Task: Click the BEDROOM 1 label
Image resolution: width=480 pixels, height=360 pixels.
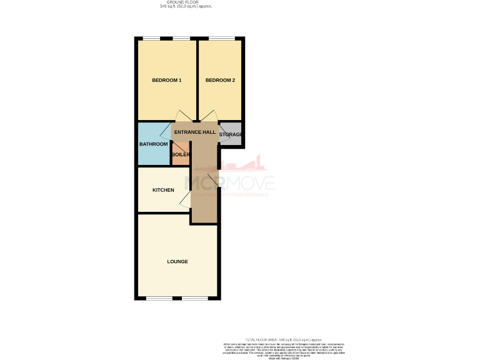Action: pyautogui.click(x=167, y=80)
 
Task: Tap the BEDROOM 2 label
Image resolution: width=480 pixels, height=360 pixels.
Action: pyautogui.click(x=220, y=80)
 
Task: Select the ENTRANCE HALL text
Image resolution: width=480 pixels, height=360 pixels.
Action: pyautogui.click(x=194, y=132)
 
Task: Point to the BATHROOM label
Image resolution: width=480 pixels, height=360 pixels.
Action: pyautogui.click(x=154, y=144)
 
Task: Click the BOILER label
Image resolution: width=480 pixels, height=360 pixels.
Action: pyautogui.click(x=181, y=154)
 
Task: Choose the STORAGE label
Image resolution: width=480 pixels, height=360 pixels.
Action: pyautogui.click(x=230, y=134)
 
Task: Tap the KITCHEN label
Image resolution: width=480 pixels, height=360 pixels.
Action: pyautogui.click(x=163, y=190)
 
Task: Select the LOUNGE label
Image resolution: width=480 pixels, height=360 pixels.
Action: pyautogui.click(x=177, y=261)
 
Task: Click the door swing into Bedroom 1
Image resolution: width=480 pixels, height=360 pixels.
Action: pyautogui.click(x=182, y=117)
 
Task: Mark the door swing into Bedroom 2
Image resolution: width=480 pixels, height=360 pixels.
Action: pyautogui.click(x=209, y=117)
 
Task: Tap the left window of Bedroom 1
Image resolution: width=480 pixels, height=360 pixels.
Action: pyautogui.click(x=151, y=39)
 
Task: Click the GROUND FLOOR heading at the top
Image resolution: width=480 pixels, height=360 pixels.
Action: pyautogui.click(x=186, y=2)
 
